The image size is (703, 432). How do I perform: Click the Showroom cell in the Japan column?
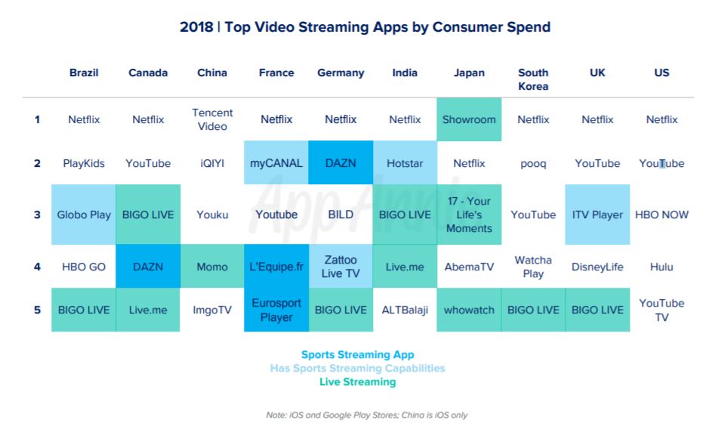pos(469,119)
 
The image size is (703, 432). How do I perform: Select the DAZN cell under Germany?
pos(341,163)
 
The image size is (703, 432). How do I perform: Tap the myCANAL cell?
pos(276,163)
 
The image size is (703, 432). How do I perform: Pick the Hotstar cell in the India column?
pos(405,163)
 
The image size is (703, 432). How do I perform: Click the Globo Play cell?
pos(84,214)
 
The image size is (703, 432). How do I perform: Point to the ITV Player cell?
pos(597,214)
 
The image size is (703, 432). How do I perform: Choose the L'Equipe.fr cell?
pos(276,267)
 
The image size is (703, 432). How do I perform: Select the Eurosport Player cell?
pos(276,310)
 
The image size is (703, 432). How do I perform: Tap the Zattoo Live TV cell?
pos(341,267)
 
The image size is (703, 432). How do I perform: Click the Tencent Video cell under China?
pos(212,119)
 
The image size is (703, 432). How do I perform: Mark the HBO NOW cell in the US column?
pos(661,214)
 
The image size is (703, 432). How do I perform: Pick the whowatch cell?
pos(469,310)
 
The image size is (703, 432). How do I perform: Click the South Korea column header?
pos(533,79)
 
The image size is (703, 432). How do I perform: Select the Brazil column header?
pos(84,73)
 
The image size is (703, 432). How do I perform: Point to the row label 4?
pos(37,267)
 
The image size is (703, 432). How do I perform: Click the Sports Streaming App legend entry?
pos(358,354)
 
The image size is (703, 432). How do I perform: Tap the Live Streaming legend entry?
pos(358,381)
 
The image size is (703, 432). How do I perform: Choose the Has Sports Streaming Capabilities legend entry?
pos(358,369)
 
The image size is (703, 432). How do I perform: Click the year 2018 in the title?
pos(196,27)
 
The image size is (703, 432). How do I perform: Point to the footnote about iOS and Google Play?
pos(367,415)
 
